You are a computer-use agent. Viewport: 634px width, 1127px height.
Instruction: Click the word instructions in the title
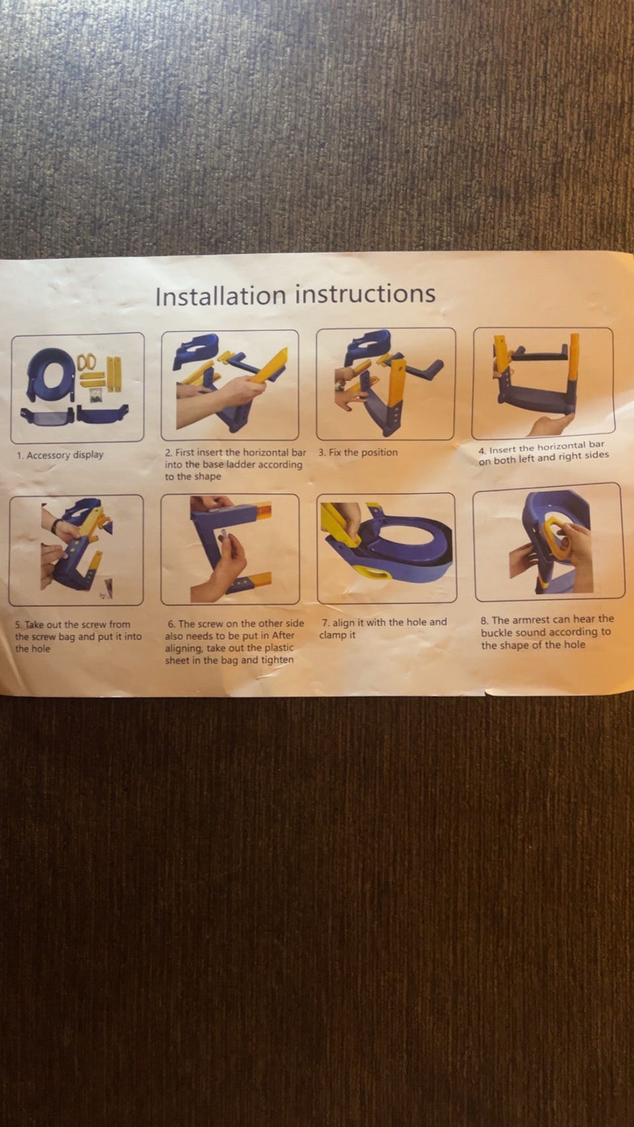pyautogui.click(x=365, y=293)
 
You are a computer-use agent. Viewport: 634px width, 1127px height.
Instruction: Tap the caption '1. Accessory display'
pyautogui.click(x=60, y=456)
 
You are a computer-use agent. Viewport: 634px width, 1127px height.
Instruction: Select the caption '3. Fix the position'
pyautogui.click(x=358, y=452)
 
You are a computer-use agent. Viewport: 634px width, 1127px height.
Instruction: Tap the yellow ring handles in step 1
pyautogui.click(x=87, y=361)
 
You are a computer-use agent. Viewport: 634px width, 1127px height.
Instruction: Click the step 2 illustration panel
pyautogui.click(x=230, y=385)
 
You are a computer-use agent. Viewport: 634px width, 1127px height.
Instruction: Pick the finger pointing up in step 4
pyautogui.click(x=551, y=425)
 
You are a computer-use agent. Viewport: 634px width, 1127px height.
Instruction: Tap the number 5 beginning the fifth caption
pyautogui.click(x=18, y=625)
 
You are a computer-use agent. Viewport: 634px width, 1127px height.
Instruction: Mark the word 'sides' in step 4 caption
pyautogui.click(x=596, y=456)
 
